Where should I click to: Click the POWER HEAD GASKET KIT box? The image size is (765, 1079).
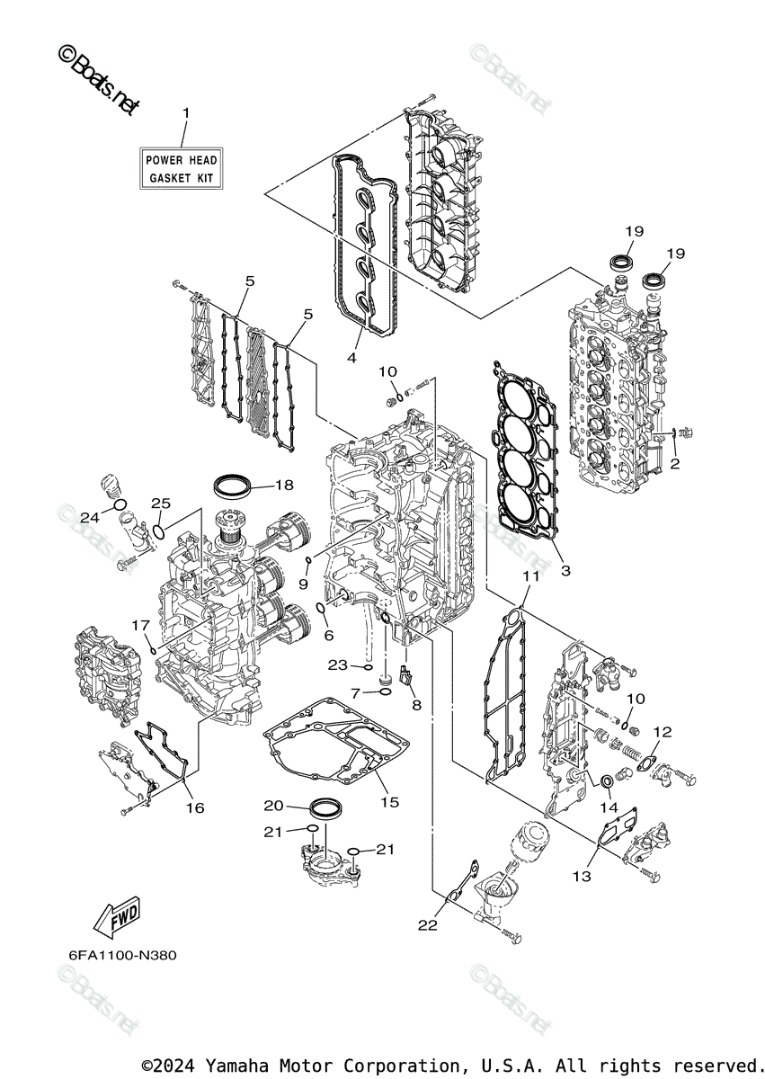pos(182,168)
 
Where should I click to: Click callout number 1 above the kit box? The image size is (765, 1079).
pos(186,113)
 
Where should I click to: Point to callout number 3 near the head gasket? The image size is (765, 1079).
pos(565,570)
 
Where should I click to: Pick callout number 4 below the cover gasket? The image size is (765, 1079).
pos(352,357)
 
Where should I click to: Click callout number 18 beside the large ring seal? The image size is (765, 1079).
pos(284,486)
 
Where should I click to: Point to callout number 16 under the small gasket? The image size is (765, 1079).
pos(195,807)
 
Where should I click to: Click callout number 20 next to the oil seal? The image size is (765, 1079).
pos(273,805)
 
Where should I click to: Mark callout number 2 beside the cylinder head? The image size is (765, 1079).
pos(674,465)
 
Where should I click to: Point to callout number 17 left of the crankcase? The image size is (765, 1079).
pos(139,624)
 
